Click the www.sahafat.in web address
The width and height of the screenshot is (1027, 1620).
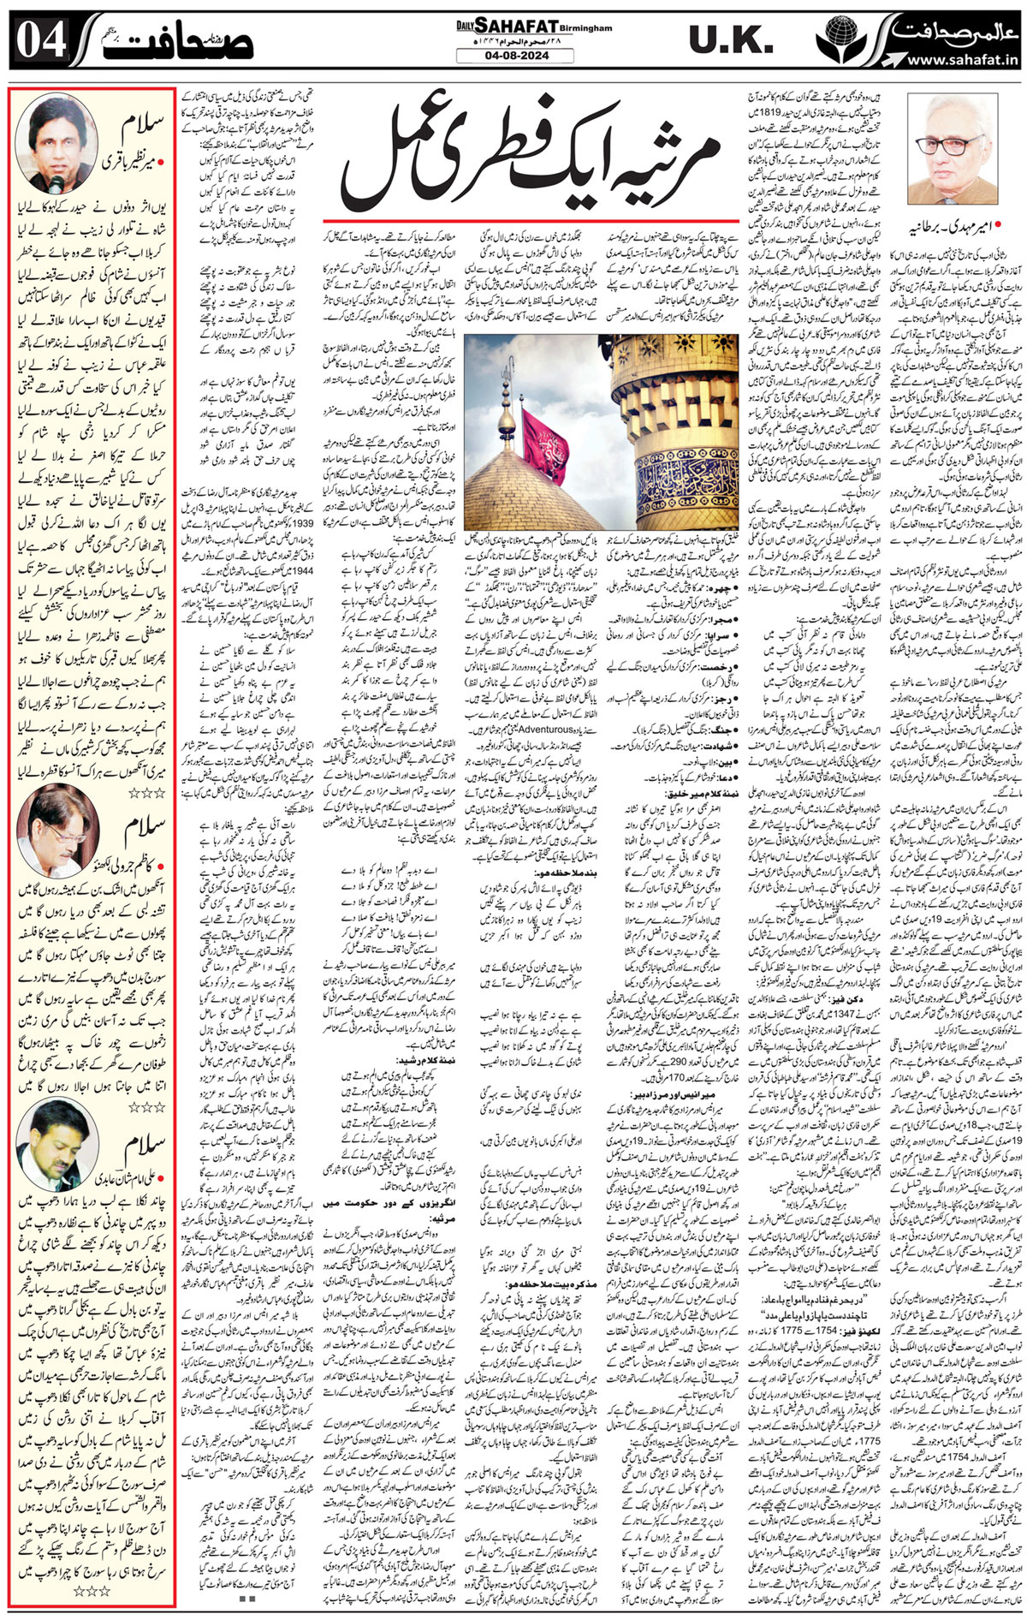[x=959, y=61]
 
